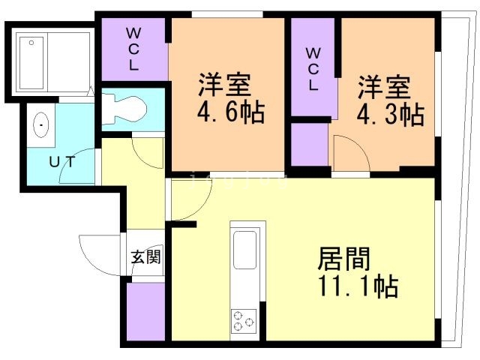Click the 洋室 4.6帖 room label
231,98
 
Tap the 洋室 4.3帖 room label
391,100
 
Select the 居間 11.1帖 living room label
358,272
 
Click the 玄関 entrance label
145,256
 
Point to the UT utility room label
62,162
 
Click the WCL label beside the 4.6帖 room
133,49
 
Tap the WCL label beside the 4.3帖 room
313,69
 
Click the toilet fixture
124,109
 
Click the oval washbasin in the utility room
41,125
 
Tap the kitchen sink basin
245,250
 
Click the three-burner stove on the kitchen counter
244,320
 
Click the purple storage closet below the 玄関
146,312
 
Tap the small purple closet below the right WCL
310,145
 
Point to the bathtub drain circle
31,43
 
